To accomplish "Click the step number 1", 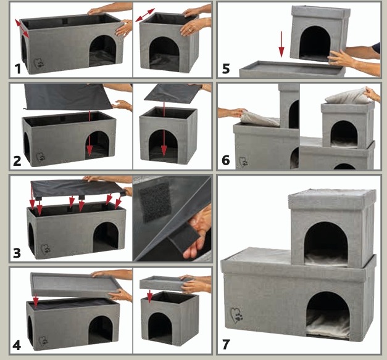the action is [18, 68].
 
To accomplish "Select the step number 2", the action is [17, 161].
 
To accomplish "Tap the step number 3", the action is [17, 253].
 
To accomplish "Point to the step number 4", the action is [17, 345].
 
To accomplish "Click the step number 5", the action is [226, 68].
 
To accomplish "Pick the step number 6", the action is [226, 160].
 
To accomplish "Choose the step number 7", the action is [226, 345].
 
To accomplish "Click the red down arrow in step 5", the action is [281, 44].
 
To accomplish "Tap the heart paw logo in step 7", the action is [236, 315].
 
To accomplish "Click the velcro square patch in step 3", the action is [156, 202].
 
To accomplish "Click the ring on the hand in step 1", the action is [189, 30].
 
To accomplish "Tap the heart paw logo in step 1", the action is [39, 63].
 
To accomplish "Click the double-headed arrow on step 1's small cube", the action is [145, 15].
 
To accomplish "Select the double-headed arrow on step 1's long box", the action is [22, 28].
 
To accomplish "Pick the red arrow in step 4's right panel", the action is [149, 296].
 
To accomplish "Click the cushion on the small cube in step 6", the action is [348, 96].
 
